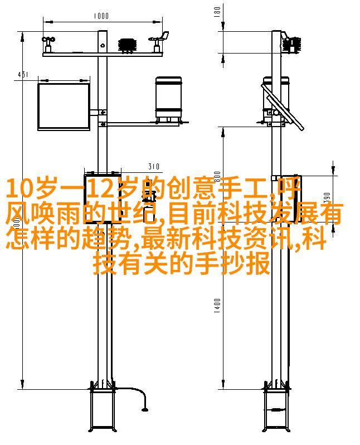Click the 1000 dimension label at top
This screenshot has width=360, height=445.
pos(101,16)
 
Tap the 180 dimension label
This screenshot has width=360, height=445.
pos(217,12)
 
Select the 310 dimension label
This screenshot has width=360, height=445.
pos(154,166)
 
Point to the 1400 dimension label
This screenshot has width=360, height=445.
pos(217,306)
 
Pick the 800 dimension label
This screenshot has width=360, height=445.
pos(217,177)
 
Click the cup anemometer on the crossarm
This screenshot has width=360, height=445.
pos(48,44)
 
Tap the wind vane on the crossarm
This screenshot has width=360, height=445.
pos(159,42)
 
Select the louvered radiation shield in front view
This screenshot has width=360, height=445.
pos(127,45)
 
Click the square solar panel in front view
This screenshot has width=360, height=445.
pos(64,107)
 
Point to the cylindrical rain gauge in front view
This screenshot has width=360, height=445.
pos(168,99)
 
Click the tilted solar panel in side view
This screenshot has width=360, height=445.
pos(283,107)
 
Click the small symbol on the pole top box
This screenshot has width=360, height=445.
pos(103,45)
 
